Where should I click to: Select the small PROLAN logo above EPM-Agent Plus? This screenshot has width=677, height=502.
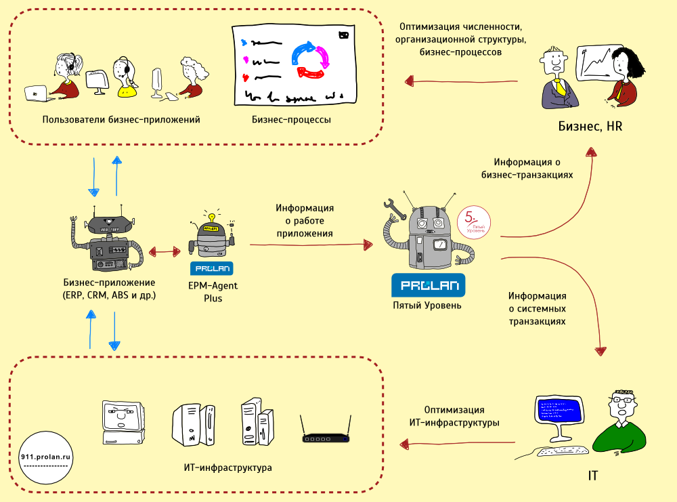tap(213, 268)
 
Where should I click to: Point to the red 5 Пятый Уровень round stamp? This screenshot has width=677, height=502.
tap(473, 223)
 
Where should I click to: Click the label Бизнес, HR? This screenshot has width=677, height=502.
tap(590, 126)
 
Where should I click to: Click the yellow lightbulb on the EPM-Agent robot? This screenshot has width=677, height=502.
tap(211, 217)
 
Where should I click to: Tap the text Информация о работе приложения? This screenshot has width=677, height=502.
tap(305, 221)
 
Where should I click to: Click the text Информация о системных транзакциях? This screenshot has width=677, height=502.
tap(538, 309)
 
